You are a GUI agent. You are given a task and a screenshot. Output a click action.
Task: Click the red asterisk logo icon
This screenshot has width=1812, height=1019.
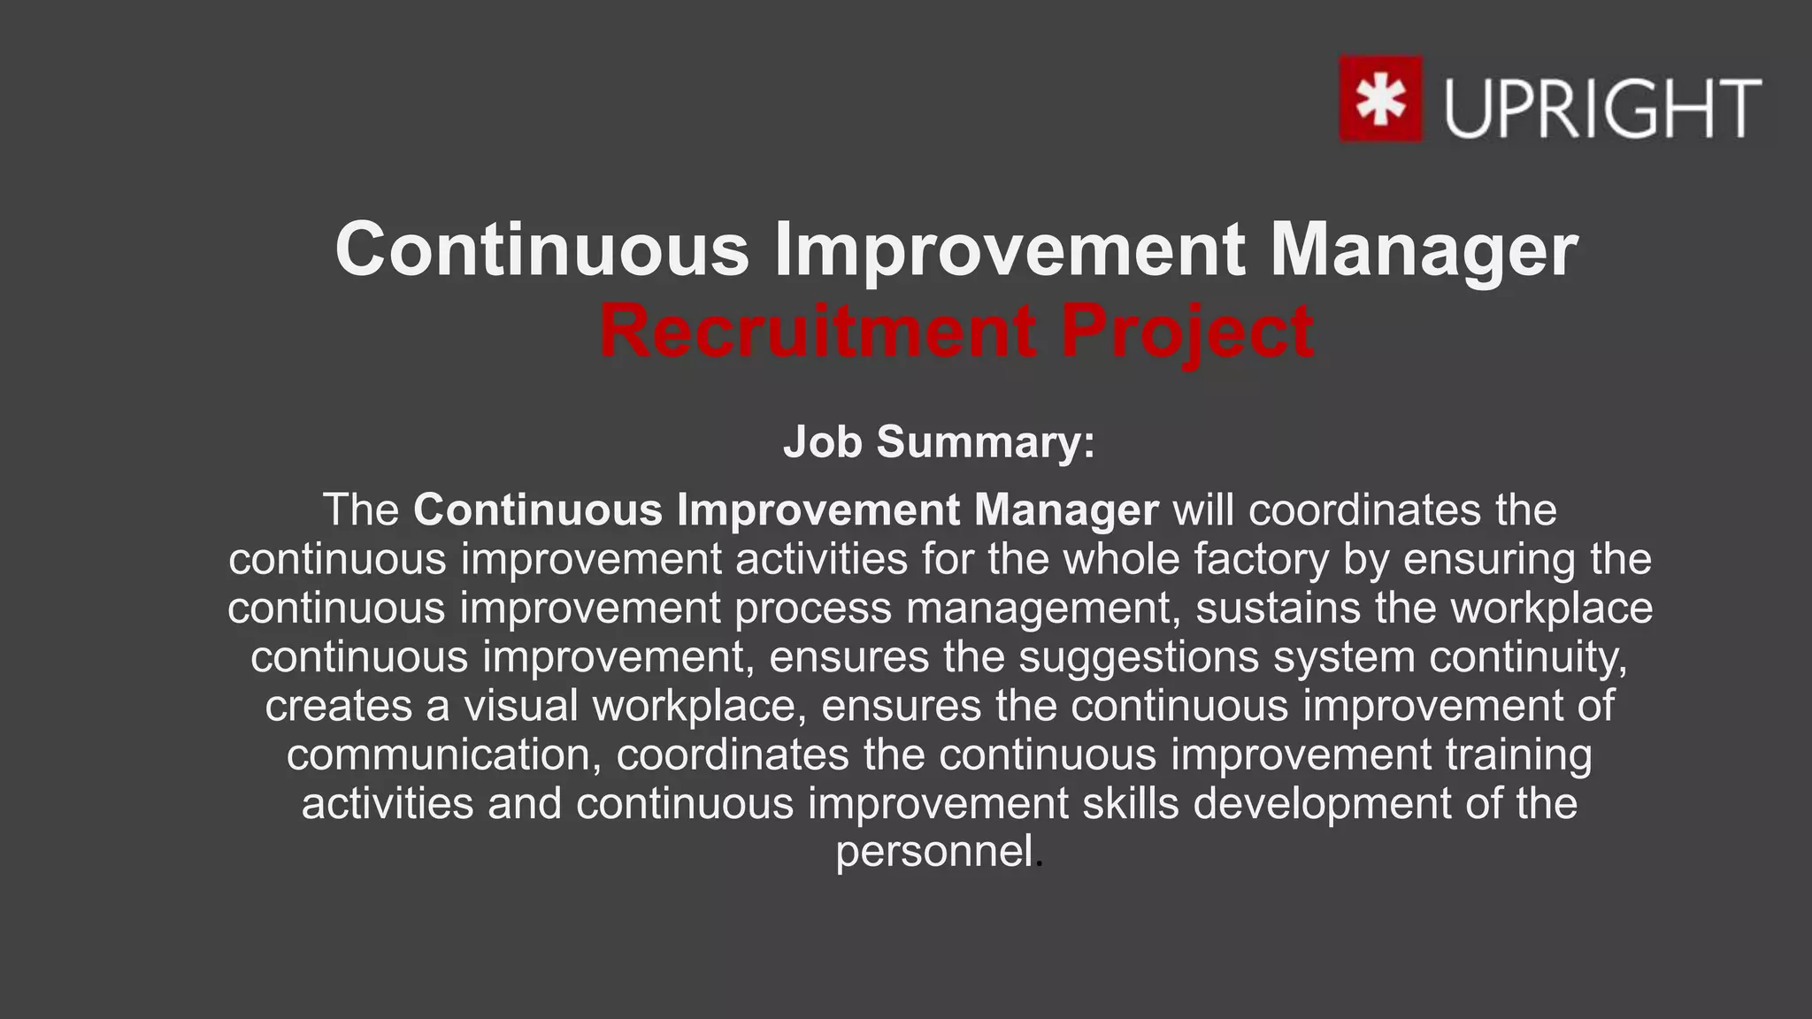1380,98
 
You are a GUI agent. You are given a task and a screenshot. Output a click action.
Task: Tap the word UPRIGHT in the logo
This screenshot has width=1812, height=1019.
1602,108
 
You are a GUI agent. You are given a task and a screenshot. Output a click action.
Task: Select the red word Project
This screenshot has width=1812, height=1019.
1186,332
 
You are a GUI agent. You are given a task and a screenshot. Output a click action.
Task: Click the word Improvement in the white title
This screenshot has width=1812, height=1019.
1010,250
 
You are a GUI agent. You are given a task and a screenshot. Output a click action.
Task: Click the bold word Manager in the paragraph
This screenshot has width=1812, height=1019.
1066,510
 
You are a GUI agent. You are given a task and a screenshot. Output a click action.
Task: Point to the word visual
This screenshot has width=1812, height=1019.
521,706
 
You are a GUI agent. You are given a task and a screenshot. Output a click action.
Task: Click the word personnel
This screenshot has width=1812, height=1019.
934,852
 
